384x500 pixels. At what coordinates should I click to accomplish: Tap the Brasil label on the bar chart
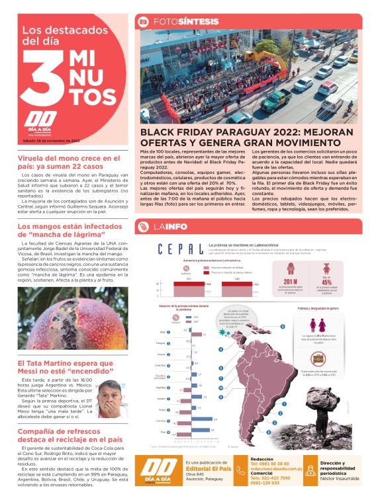click(x=163, y=331)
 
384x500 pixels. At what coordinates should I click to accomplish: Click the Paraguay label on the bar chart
click(x=162, y=343)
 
